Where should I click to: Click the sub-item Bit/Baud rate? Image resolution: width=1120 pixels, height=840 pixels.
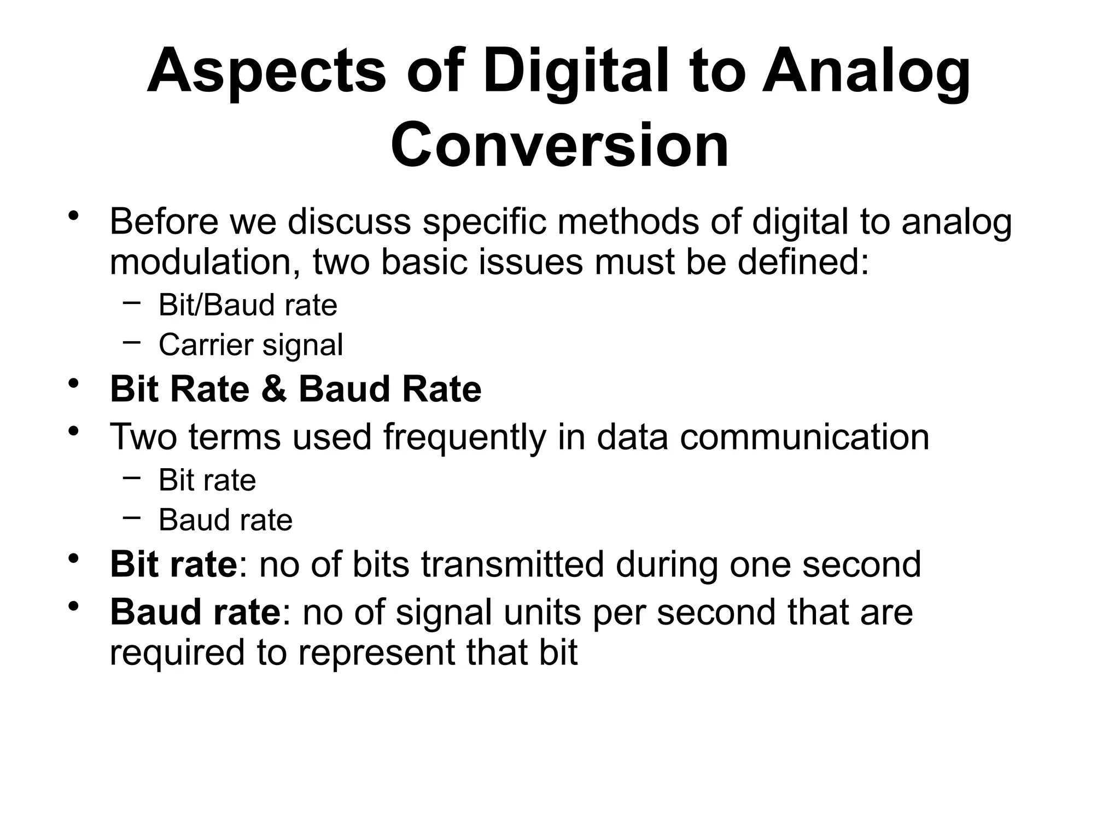(x=248, y=305)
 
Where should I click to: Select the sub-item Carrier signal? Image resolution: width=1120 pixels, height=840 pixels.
(x=250, y=345)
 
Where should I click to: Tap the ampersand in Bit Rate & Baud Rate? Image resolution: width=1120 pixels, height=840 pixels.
(x=274, y=389)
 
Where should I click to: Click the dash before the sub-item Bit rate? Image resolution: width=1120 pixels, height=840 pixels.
(x=131, y=477)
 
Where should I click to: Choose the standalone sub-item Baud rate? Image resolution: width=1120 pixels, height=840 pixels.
(x=225, y=520)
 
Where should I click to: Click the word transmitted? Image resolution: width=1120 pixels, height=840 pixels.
(x=512, y=564)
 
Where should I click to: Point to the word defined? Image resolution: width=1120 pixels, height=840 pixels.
(x=803, y=262)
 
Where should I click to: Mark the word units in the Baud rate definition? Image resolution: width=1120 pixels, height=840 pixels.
(x=542, y=612)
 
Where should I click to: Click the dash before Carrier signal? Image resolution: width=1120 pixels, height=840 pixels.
(x=131, y=342)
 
